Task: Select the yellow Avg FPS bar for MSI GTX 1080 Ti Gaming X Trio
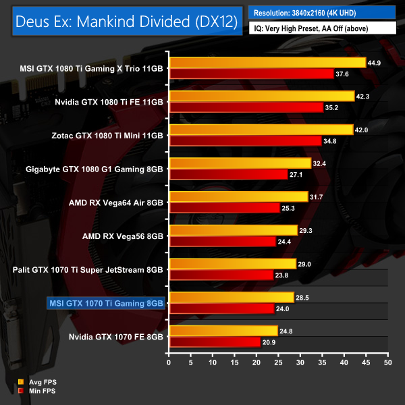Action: point(267,63)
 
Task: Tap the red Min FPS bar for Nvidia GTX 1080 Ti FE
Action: point(246,107)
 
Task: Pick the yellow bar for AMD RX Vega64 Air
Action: point(238,197)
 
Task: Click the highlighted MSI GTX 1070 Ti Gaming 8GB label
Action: point(106,303)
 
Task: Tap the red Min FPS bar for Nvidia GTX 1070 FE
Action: point(215,342)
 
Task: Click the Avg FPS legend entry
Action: point(37,382)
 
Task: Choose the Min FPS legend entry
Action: point(37,391)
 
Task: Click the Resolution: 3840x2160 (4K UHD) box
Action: point(322,12)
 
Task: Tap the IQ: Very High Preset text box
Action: point(322,28)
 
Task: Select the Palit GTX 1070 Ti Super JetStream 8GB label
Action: point(88,269)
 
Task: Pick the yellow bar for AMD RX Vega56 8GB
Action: point(233,230)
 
